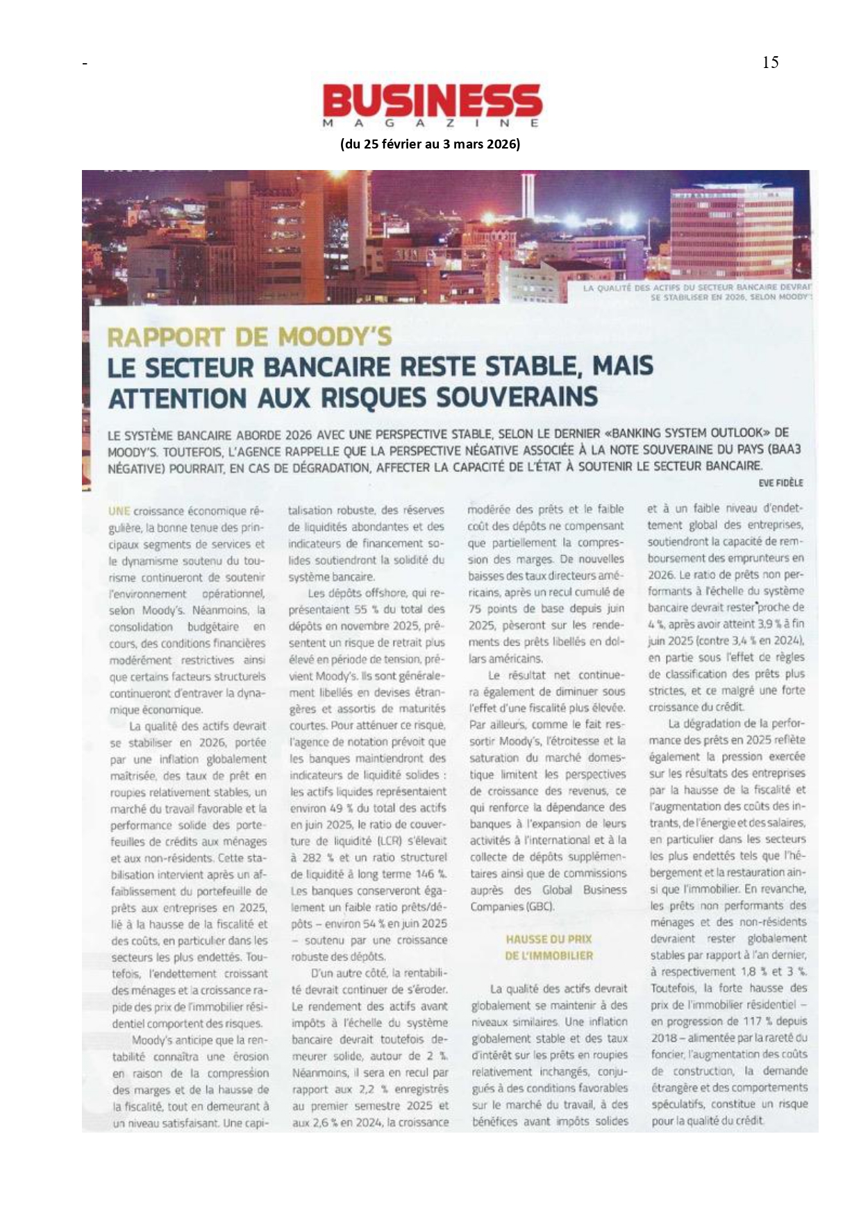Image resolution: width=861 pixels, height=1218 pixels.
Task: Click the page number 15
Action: click(x=770, y=63)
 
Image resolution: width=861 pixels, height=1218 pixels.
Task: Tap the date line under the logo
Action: click(x=430, y=144)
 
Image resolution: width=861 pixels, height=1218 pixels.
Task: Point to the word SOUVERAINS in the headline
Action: click(x=516, y=397)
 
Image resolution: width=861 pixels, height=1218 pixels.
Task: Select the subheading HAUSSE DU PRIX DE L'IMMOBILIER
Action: click(x=549, y=947)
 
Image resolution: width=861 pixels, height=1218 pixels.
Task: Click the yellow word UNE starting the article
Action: click(x=119, y=511)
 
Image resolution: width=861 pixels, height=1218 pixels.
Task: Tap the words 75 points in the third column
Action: click(x=498, y=609)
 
